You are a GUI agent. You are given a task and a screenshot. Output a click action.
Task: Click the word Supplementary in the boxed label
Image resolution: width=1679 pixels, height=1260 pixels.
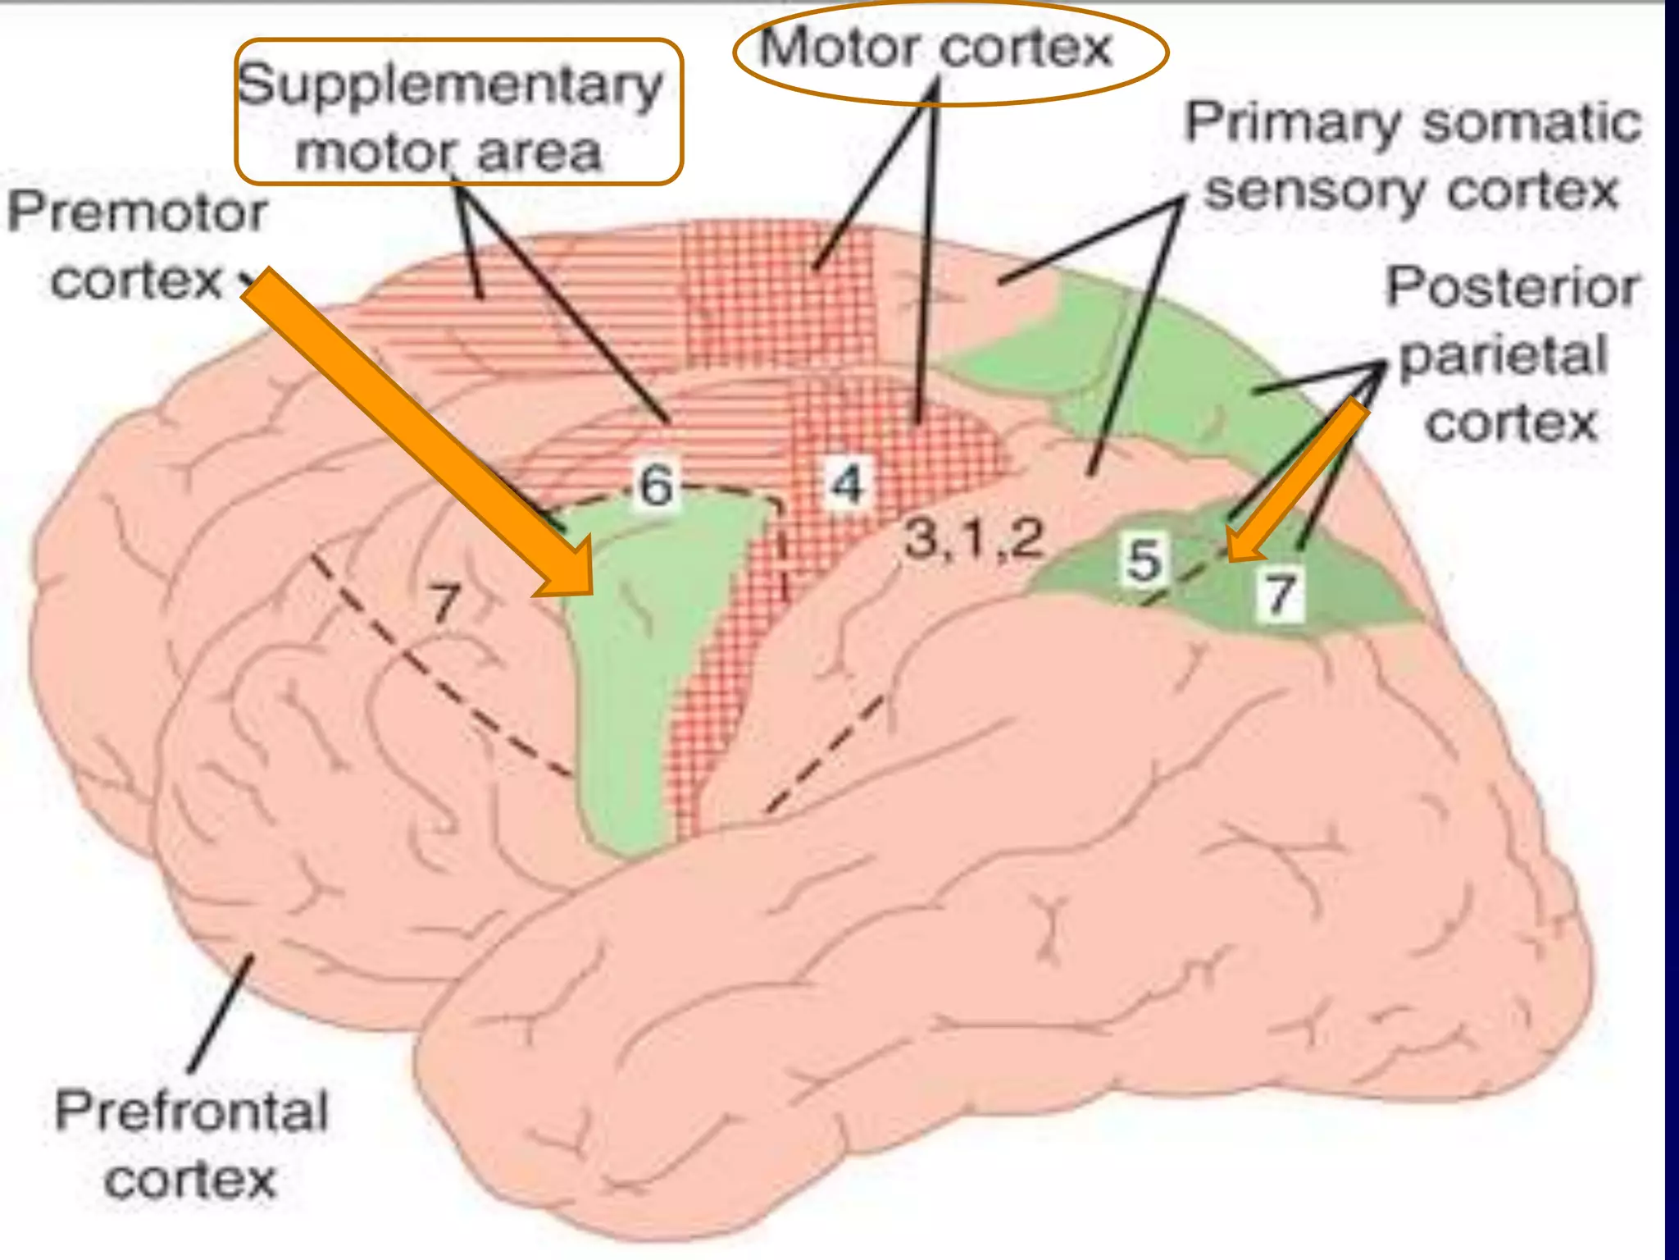[x=449, y=86]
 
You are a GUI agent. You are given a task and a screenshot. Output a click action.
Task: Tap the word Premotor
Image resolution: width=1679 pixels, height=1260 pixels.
[x=137, y=212]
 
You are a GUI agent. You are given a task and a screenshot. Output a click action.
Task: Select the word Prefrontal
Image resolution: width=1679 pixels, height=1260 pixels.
[x=191, y=1112]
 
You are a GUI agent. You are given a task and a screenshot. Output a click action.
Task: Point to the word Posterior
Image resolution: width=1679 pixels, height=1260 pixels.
[x=1513, y=287]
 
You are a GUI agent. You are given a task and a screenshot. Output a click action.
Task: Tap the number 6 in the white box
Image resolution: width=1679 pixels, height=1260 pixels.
[x=656, y=485]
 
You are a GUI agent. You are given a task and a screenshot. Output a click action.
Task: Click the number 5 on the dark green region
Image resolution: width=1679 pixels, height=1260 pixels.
[x=1144, y=560]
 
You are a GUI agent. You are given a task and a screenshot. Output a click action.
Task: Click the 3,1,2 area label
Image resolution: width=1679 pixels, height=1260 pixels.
[x=973, y=540]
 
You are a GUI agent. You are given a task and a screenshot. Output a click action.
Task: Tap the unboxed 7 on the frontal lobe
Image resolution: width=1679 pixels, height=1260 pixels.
[x=445, y=603]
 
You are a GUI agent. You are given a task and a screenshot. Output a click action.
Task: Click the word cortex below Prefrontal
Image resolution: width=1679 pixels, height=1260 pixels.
[x=190, y=1180]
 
